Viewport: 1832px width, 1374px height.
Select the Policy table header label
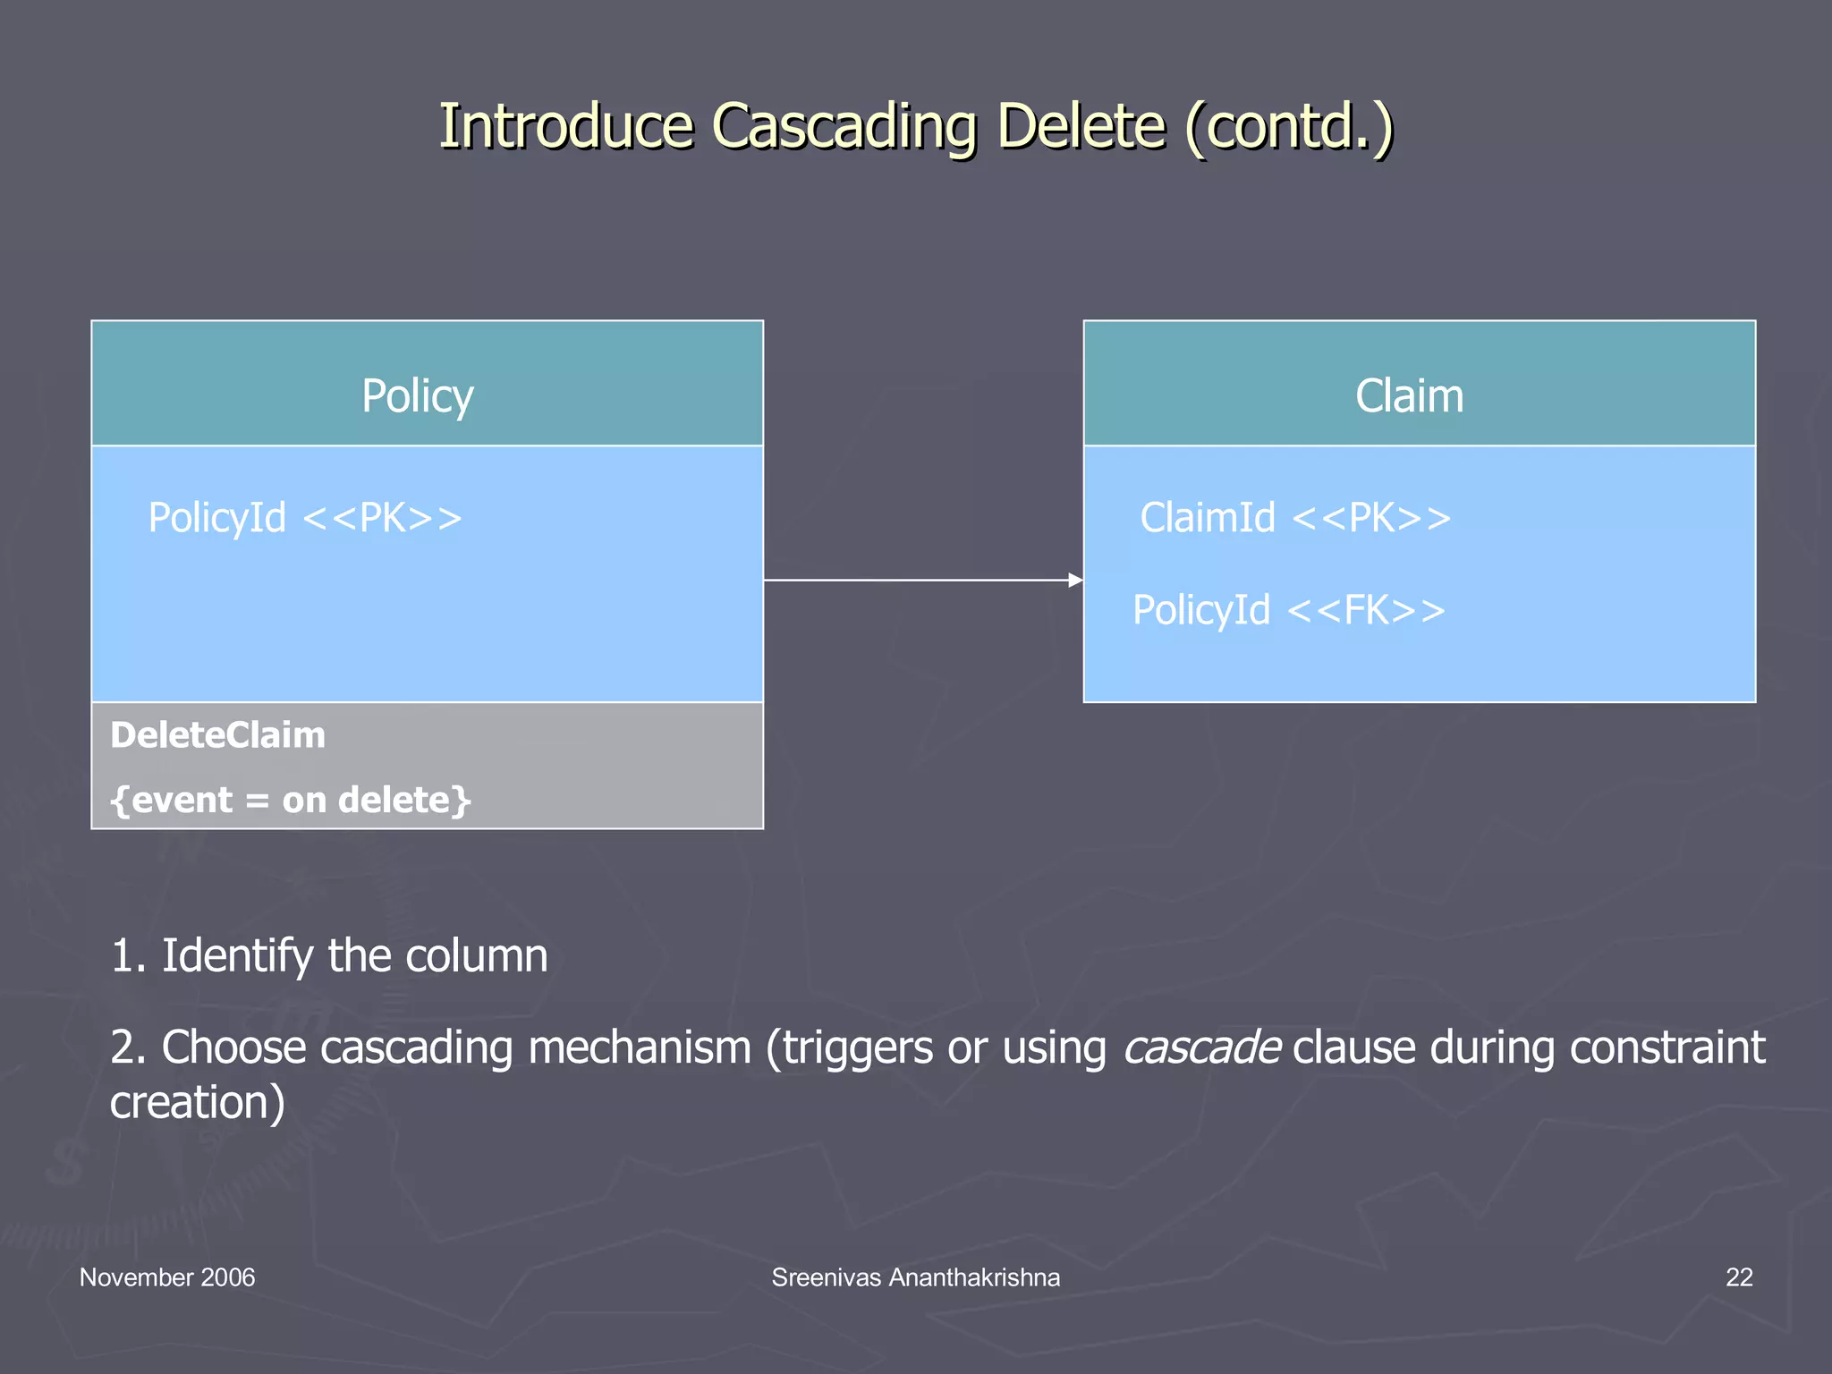pos(417,395)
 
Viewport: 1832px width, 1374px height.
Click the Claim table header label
pos(1409,395)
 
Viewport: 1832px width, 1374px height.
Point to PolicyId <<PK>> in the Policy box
pos(305,518)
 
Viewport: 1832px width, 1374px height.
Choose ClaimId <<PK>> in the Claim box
pos(1295,518)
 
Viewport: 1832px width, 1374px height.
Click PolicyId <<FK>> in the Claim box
pos(1289,610)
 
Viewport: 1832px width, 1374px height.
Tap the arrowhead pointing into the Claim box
pos(1075,581)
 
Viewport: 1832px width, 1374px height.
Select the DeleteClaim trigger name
pos(217,735)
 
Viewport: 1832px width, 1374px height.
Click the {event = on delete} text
pos(290,800)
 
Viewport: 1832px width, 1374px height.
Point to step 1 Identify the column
pos(328,955)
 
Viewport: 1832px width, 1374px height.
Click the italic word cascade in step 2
pos(1201,1047)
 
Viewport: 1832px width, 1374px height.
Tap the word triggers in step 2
pos(858,1047)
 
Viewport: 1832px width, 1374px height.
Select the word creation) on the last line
pos(197,1102)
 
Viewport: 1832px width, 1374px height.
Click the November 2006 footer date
pos(167,1277)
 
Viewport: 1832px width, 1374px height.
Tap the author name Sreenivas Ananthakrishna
pos(915,1277)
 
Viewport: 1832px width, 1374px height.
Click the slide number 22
pos(1738,1277)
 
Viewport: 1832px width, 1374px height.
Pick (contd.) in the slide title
pos(1289,126)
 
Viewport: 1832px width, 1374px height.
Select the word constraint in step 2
pos(1667,1047)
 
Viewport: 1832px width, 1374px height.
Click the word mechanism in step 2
pos(640,1047)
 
